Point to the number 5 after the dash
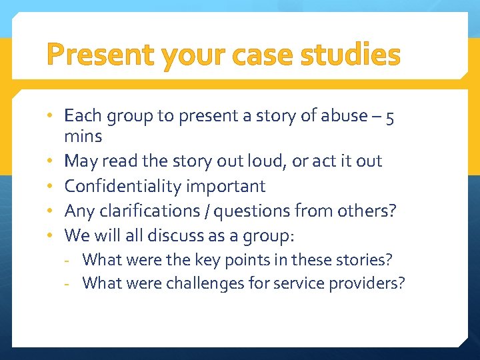pos(390,116)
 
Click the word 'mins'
pos(83,137)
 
